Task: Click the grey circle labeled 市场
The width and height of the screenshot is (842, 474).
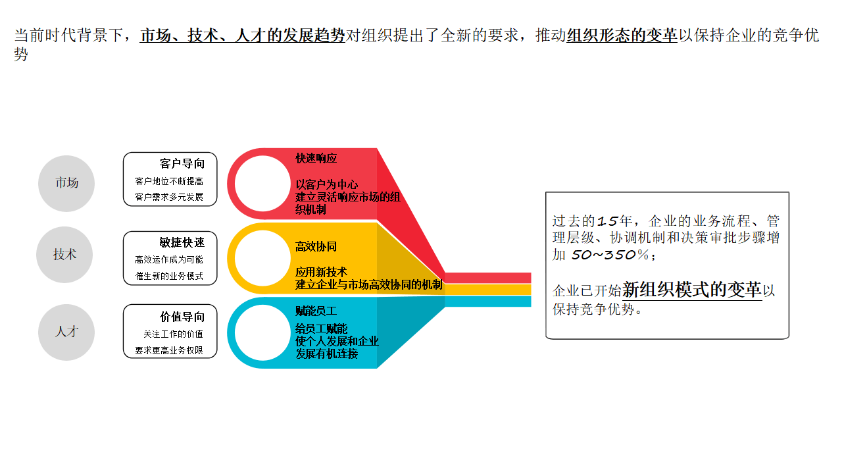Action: click(66, 183)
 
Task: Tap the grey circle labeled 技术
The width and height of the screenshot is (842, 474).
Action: click(64, 255)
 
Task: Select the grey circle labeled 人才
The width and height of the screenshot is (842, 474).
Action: click(66, 332)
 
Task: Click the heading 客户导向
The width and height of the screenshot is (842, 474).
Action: click(182, 164)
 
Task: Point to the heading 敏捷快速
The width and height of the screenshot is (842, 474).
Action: click(182, 242)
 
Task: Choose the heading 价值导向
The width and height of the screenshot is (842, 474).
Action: click(182, 317)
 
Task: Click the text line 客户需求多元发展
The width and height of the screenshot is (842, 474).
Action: click(169, 197)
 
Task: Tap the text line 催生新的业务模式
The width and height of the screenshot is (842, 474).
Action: click(169, 276)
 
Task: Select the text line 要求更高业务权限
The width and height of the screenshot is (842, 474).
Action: click(169, 351)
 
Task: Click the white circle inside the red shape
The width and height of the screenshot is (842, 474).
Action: click(262, 184)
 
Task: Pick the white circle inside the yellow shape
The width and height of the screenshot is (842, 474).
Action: click(262, 258)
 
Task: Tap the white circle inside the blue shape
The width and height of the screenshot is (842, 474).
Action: click(262, 332)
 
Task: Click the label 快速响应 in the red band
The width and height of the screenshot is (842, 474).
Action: click(316, 159)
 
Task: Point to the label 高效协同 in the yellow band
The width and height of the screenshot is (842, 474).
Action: click(316, 247)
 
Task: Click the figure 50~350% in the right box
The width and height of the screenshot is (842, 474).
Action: click(610, 255)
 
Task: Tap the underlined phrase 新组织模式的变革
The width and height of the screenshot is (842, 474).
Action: click(692, 290)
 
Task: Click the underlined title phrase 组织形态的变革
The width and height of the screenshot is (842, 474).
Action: click(622, 36)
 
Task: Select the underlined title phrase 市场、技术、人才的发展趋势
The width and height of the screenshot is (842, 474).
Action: click(243, 36)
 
